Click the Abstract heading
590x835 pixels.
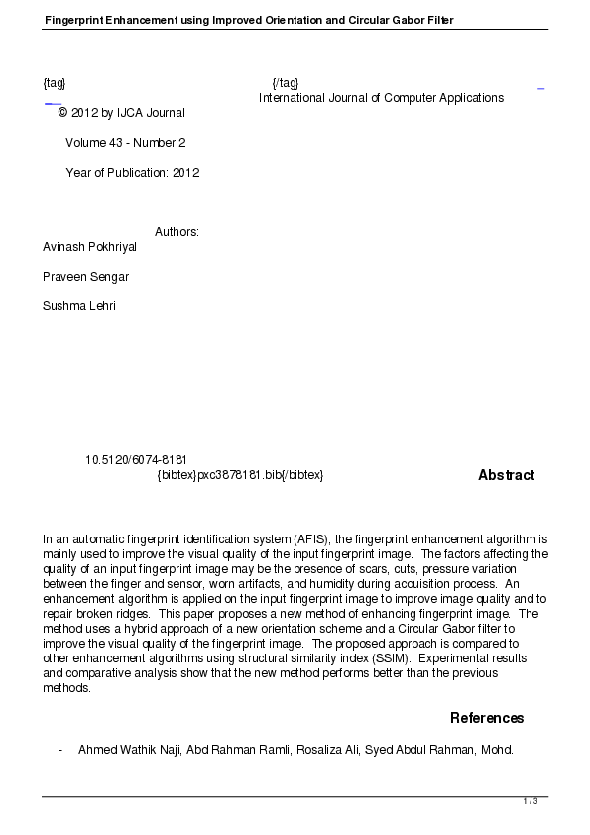(x=506, y=475)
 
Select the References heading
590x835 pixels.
(x=487, y=718)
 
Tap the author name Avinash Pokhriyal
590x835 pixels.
(x=89, y=247)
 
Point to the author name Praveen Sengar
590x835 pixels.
(x=85, y=277)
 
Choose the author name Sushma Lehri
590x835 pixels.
(x=79, y=306)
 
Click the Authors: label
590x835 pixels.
(x=177, y=232)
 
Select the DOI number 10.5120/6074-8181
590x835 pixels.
(x=137, y=460)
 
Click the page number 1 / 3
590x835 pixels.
(x=531, y=801)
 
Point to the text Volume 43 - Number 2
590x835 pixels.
(x=125, y=143)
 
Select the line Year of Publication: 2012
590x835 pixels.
(x=132, y=173)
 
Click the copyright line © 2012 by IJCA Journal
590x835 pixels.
(x=121, y=113)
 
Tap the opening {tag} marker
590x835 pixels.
(x=55, y=82)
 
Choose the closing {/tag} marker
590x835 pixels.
(x=285, y=82)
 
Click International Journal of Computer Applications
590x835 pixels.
(x=381, y=98)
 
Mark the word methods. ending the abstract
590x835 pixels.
(x=66, y=688)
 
